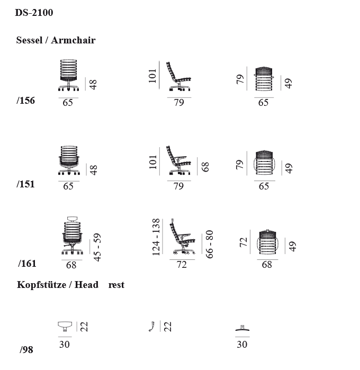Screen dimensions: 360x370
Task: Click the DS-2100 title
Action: (34, 13)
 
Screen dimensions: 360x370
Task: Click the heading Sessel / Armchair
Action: (56, 40)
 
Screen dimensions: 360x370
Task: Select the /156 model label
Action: (26, 101)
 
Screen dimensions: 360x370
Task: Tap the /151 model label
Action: (25, 184)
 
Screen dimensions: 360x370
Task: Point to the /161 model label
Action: (27, 264)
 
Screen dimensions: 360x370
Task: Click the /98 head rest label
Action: (26, 350)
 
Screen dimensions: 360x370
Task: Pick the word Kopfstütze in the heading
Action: (41, 285)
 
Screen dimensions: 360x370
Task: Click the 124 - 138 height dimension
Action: (156, 237)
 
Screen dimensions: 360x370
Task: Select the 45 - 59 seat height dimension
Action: (97, 247)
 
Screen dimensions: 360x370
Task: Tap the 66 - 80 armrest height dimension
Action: (210, 244)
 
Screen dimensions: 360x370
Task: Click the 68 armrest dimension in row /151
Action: (205, 167)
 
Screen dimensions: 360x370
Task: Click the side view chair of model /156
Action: (178, 76)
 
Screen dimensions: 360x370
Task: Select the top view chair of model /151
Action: (264, 163)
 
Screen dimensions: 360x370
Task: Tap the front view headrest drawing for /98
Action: (65, 326)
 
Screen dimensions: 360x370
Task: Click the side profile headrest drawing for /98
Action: (152, 326)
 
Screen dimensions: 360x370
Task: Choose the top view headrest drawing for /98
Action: (242, 328)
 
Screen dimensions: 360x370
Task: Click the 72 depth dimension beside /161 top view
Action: (243, 242)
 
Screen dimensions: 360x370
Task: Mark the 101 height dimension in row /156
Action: (152, 76)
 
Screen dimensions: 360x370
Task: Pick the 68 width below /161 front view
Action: (71, 265)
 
